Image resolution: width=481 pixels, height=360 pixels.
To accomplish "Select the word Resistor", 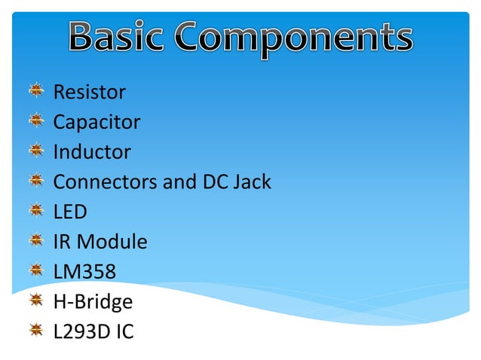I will pos(89,93).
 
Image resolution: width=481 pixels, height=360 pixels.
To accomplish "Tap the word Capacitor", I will pos(97,123).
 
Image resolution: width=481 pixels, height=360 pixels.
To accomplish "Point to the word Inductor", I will pos(91,152).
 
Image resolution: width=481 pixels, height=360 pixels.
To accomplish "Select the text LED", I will pos(70,212).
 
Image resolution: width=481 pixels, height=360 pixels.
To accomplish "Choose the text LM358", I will pos(84,272).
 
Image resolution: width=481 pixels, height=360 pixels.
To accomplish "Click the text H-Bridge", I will pos(93,302).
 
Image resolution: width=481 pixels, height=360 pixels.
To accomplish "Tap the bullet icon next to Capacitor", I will pos(36,121).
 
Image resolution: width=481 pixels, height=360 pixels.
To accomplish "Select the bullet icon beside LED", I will pos(36,211).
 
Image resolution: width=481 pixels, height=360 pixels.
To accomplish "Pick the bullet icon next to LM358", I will pos(36,270).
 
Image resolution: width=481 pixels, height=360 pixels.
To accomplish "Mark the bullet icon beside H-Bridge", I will pos(36,301).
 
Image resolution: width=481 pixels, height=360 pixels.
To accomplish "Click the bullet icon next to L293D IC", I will pos(36,330).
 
